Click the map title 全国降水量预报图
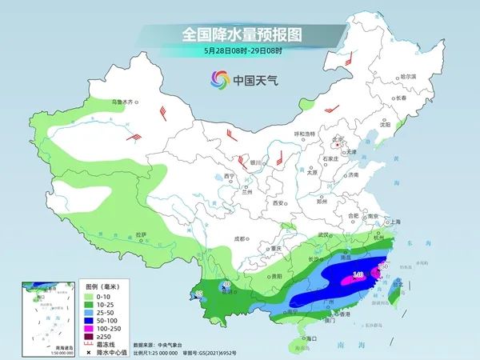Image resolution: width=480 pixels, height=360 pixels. tap(239, 34)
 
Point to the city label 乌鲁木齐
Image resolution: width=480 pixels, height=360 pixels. tap(124, 102)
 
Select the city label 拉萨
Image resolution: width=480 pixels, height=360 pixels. tap(142, 234)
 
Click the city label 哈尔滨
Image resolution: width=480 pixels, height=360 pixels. tap(408, 76)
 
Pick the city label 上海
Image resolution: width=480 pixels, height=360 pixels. tap(394, 222)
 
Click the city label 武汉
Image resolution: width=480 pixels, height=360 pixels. tap(324, 234)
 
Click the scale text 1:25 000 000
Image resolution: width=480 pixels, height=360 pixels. tap(175, 351)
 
